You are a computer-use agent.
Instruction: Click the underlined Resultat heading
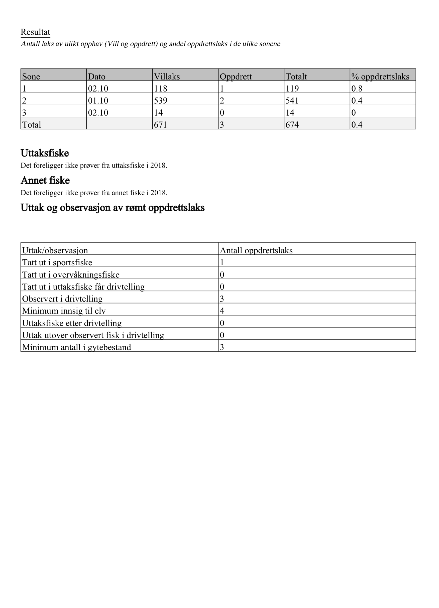tap(35, 32)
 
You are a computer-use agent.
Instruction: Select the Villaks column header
tap(167, 77)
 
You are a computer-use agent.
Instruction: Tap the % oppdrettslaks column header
tap(380, 77)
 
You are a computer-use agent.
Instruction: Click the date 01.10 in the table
tap(98, 101)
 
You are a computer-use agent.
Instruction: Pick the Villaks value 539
tap(160, 101)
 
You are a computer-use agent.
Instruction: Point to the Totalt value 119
tap(292, 89)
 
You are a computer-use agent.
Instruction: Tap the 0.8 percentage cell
tap(357, 89)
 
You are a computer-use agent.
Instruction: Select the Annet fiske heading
tap(45, 180)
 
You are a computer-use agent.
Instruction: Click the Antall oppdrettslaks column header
tap(256, 251)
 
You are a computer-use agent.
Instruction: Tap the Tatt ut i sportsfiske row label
tap(57, 263)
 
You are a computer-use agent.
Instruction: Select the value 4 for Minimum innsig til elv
tap(222, 311)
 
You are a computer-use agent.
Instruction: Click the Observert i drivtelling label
tap(62, 299)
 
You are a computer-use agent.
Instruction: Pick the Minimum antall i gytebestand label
tap(77, 347)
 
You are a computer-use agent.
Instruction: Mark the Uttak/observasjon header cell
tap(55, 251)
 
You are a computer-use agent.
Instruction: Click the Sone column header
tap(31, 77)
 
